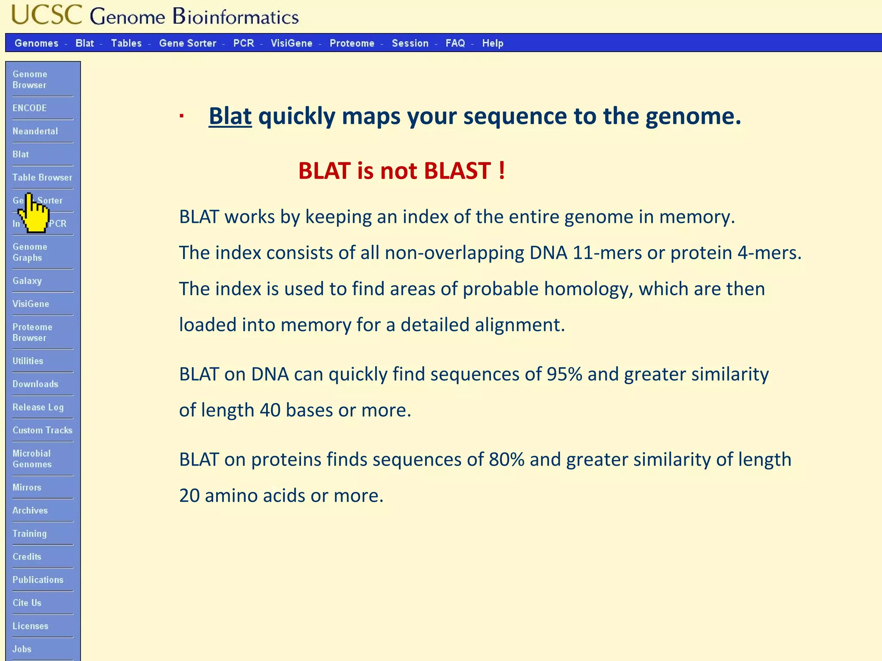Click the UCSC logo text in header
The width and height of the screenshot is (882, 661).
pyautogui.click(x=47, y=15)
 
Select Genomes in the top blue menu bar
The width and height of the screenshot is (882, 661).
pyautogui.click(x=36, y=43)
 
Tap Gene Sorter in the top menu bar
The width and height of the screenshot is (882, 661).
pyautogui.click(x=187, y=43)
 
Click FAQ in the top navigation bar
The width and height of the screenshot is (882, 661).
pyautogui.click(x=455, y=43)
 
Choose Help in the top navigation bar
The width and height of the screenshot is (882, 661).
pyautogui.click(x=492, y=43)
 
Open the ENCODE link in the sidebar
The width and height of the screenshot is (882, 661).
pyautogui.click(x=29, y=108)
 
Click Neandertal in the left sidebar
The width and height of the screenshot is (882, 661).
pyautogui.click(x=35, y=131)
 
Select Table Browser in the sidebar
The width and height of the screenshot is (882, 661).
pyautogui.click(x=42, y=177)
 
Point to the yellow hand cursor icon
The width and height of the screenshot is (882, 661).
pyautogui.click(x=34, y=214)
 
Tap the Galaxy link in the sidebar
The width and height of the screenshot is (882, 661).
pyautogui.click(x=27, y=281)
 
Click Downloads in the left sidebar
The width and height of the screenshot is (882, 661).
pyautogui.click(x=35, y=384)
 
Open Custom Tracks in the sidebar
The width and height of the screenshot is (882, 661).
pyautogui.click(x=42, y=430)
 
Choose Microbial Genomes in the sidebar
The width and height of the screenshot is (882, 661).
pyautogui.click(x=32, y=459)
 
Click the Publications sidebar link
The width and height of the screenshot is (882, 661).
pyautogui.click(x=38, y=580)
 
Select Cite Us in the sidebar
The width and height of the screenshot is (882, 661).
pyautogui.click(x=27, y=602)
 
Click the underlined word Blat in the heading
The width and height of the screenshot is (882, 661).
pyautogui.click(x=230, y=116)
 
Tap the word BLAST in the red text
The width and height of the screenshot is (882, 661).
pyautogui.click(x=457, y=171)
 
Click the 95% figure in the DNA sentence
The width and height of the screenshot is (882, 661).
pyautogui.click(x=564, y=374)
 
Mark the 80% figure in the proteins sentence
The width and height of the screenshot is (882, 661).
pyautogui.click(x=506, y=460)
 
